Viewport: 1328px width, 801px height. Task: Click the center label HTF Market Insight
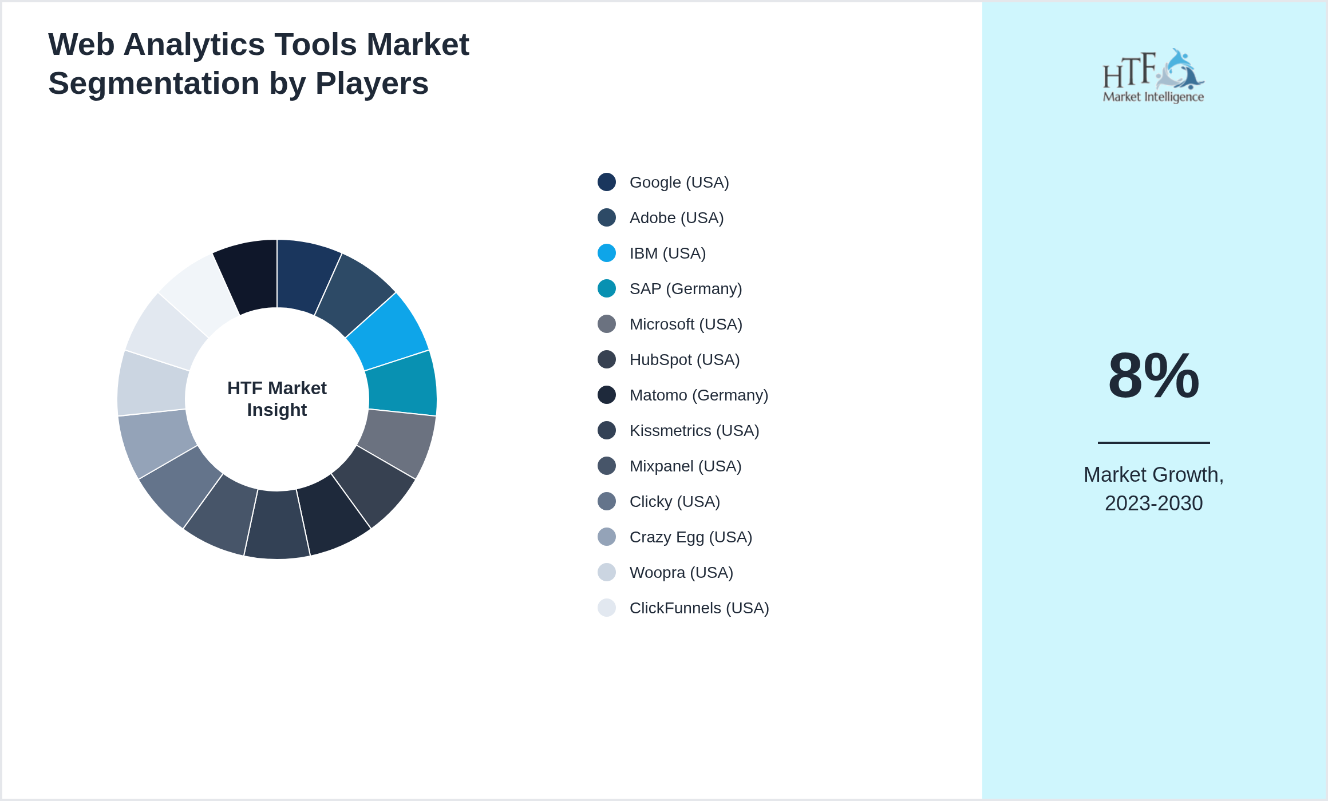[x=277, y=399]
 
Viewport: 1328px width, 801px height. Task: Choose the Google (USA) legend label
[x=679, y=183]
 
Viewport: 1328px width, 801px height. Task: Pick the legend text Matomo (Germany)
[x=698, y=395]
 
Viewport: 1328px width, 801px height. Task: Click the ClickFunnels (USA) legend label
[x=699, y=608]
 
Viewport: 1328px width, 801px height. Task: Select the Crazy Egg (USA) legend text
[x=690, y=537]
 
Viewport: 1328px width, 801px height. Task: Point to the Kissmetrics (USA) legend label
[x=694, y=431]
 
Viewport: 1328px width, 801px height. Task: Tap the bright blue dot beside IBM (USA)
[x=607, y=253]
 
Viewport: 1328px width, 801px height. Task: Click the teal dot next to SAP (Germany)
[x=607, y=288]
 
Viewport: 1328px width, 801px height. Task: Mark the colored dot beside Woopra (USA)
[x=607, y=572]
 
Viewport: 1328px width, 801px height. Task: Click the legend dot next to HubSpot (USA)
[x=607, y=359]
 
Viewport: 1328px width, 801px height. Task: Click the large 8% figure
[x=1153, y=376]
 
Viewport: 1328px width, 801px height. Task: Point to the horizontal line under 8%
[x=1153, y=442]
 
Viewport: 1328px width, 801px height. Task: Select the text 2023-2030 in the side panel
[x=1153, y=503]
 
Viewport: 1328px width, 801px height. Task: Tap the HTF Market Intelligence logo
[x=1153, y=76]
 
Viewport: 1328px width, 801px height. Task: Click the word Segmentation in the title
[x=154, y=84]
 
